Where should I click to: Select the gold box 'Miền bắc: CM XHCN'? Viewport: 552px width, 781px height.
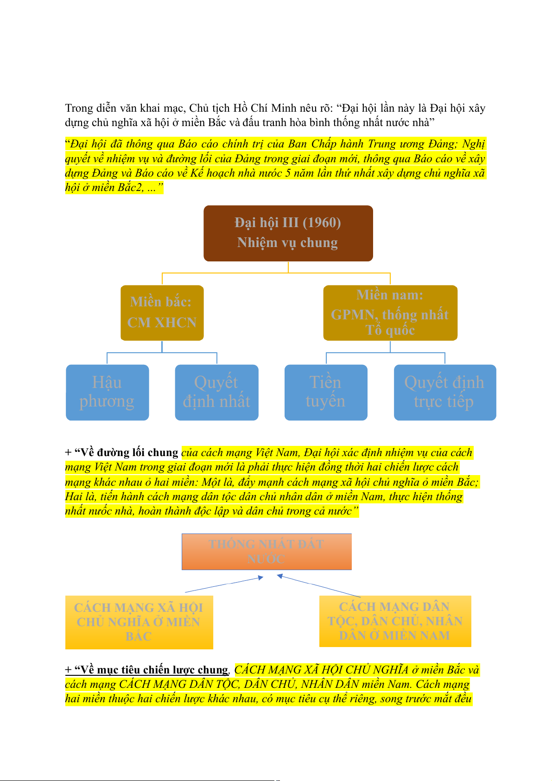(x=162, y=312)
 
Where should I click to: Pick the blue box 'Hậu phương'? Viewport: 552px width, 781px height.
(x=107, y=392)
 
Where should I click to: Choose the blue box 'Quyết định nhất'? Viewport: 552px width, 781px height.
(x=216, y=392)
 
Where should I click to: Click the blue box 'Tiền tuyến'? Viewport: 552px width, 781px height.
(x=325, y=392)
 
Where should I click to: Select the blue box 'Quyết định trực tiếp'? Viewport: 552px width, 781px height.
(x=444, y=392)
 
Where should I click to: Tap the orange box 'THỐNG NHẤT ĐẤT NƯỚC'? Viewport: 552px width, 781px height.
(x=266, y=552)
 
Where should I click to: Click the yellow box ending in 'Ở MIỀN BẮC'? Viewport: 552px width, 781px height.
(x=139, y=622)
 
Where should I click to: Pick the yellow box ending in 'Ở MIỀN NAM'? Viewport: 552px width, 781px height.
(x=395, y=621)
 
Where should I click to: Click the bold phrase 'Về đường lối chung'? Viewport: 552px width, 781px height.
(x=129, y=453)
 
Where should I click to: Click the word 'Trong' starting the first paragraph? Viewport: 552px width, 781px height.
(x=79, y=108)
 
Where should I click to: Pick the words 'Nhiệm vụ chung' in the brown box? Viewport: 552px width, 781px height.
(x=287, y=243)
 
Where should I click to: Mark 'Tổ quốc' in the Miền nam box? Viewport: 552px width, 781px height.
(x=390, y=330)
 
